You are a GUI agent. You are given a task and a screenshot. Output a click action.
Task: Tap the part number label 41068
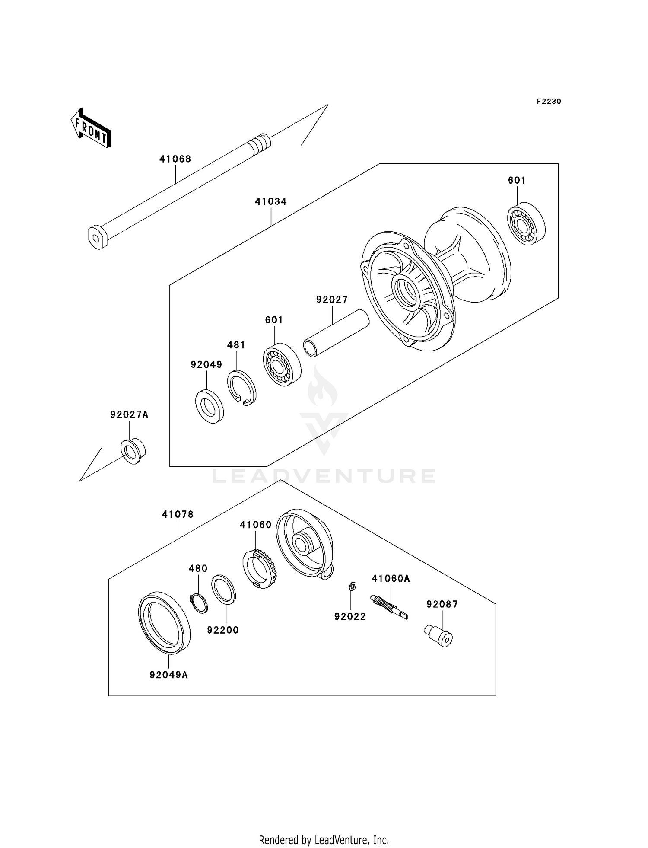point(175,159)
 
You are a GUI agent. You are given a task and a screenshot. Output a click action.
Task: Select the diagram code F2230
point(549,102)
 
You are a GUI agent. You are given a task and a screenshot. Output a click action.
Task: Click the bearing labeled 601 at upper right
point(526,224)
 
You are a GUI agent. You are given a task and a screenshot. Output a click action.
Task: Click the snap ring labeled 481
point(242,388)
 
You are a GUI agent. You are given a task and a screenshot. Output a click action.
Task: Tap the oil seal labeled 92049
point(210,406)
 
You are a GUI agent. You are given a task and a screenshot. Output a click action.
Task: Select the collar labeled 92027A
point(133,451)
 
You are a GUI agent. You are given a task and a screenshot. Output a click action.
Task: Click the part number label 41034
point(270,201)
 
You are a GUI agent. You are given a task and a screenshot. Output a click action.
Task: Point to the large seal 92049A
point(164,622)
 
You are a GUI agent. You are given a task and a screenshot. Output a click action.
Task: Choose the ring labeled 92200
point(224,589)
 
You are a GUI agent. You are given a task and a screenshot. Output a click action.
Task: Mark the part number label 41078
point(178,515)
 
